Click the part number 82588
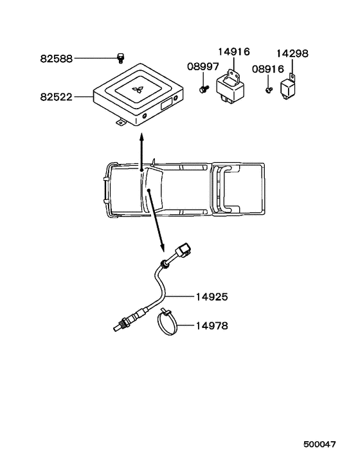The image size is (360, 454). click(x=56, y=59)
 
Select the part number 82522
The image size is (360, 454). click(x=56, y=97)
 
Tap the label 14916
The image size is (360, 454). click(x=233, y=52)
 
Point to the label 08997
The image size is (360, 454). click(x=203, y=67)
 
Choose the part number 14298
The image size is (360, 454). click(x=292, y=53)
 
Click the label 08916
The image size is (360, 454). click(x=268, y=69)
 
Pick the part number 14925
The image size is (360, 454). click(x=212, y=297)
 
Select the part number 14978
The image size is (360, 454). click(x=212, y=326)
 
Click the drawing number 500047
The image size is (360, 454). click(x=319, y=444)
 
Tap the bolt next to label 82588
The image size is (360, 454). click(x=120, y=58)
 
